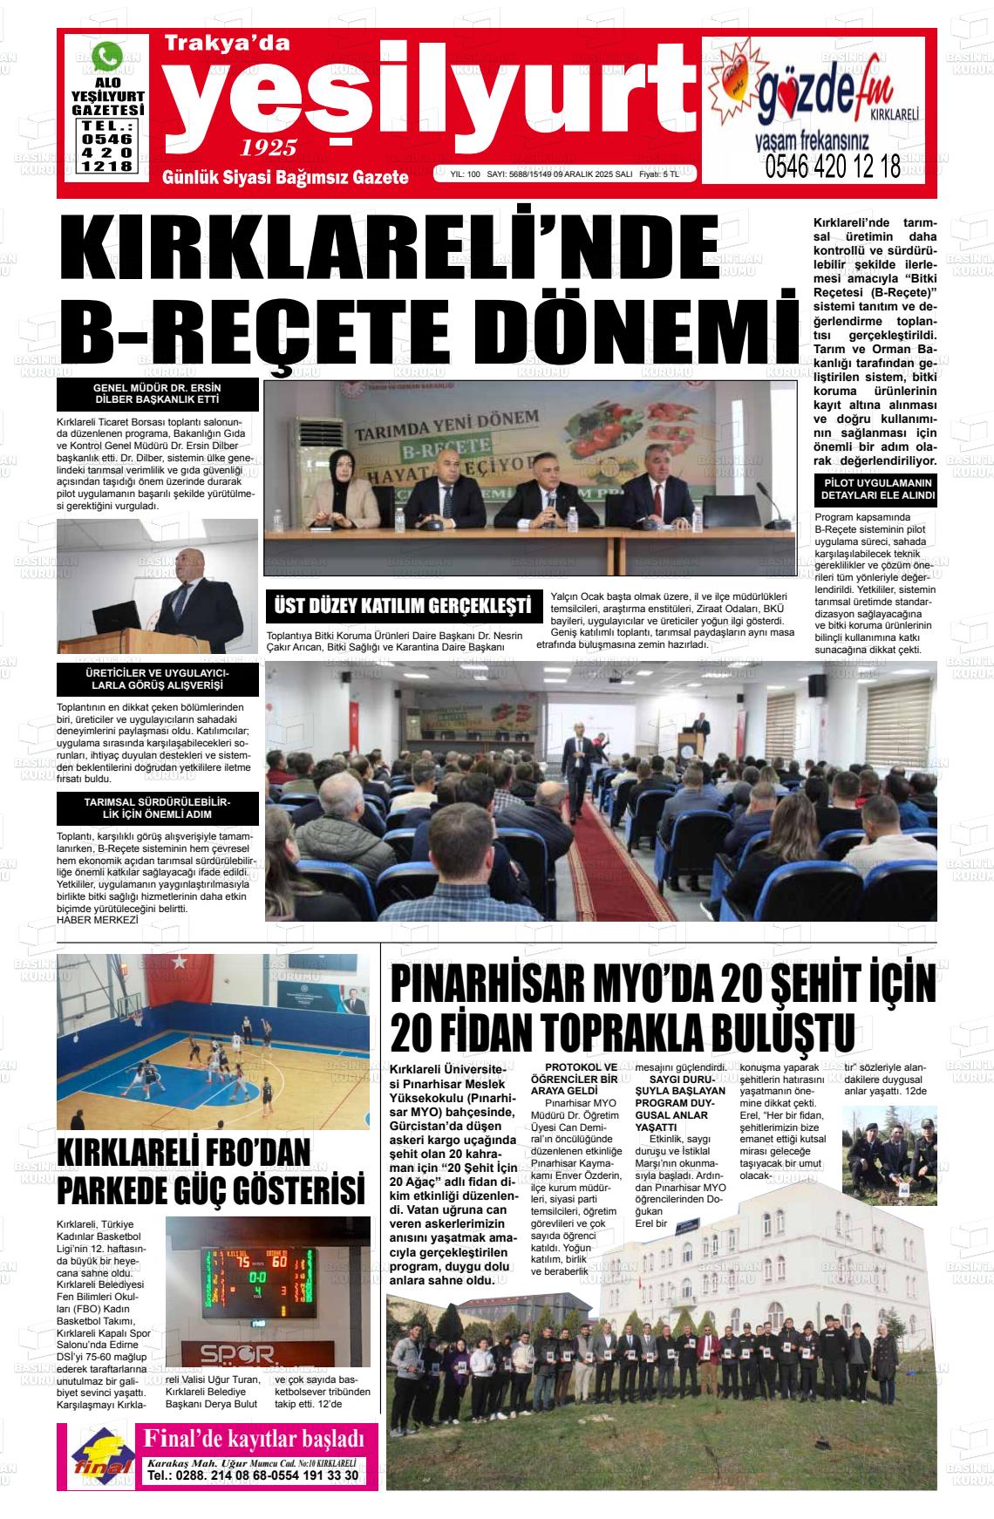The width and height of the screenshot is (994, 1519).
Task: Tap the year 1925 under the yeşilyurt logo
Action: tap(269, 146)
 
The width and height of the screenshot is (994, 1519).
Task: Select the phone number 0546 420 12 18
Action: tap(832, 166)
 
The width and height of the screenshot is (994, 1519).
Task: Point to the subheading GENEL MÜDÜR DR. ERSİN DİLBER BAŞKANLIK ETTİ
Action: tap(157, 393)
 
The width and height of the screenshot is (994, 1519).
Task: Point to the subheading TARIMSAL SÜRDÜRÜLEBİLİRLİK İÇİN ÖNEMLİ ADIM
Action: tap(157, 808)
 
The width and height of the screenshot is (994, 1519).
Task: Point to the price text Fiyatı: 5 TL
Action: tap(658, 174)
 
